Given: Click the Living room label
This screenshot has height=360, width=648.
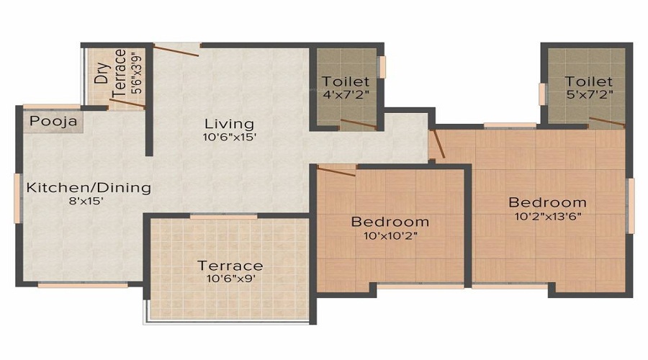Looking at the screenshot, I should pos(228,122).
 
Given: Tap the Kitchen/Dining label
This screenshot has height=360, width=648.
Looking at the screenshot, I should pos(89,188).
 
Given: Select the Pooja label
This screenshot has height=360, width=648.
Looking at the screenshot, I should pos(53,122).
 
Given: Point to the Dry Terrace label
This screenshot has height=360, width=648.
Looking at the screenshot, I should pos(112,75).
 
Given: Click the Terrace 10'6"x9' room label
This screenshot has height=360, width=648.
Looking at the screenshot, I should pos(230,266).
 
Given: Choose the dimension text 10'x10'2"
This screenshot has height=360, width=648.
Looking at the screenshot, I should pos(390,235).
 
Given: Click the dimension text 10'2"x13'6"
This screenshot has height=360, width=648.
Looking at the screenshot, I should pos(547,215).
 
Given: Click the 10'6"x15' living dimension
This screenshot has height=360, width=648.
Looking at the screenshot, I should pos(228,137).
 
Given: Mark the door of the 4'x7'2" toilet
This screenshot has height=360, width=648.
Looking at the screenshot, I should pos(358,124).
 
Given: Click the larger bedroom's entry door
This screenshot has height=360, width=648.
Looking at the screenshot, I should pos(438,143).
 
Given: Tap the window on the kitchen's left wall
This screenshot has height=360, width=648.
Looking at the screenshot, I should pos(17,197).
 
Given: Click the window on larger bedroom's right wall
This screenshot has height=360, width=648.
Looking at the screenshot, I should pos(631,206).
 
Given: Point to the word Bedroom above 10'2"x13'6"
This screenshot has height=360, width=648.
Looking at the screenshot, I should pos(547,202).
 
